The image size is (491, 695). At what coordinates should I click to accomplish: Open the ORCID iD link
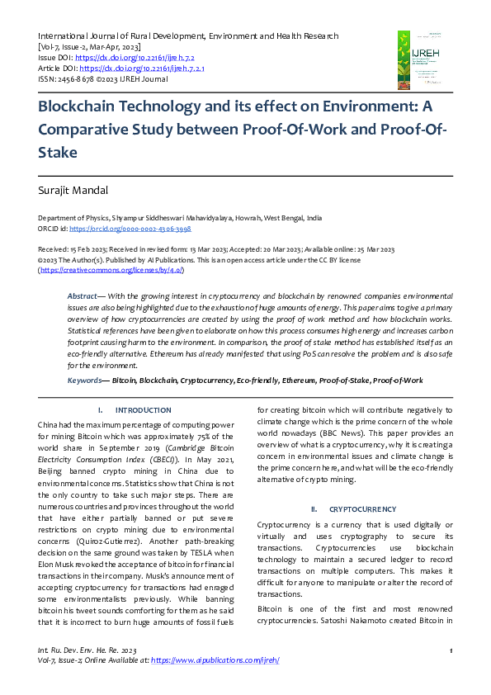coord(130,229)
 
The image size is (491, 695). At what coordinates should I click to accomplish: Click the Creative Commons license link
coord(111,270)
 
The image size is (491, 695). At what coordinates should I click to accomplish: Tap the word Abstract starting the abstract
coord(82,295)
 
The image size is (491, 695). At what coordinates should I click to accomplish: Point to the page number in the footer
coord(451,651)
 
